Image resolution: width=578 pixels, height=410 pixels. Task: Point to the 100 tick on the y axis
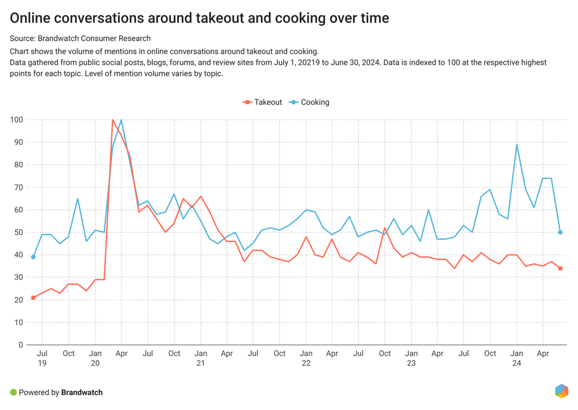click(16, 120)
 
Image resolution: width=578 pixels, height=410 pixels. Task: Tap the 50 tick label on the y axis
click(19, 232)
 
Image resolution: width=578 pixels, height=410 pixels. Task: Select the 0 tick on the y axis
click(21, 345)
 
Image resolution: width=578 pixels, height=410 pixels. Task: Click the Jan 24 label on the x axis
click(516, 359)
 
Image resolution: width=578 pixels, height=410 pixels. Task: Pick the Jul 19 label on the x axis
click(42, 359)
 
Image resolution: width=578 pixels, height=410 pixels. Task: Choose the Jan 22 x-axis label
click(306, 359)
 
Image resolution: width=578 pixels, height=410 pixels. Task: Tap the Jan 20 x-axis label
click(95, 359)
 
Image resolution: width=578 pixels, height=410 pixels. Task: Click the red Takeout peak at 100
click(113, 120)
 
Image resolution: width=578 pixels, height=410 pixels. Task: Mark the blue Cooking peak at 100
click(121, 120)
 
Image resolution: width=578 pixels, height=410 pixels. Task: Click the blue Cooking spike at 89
click(516, 145)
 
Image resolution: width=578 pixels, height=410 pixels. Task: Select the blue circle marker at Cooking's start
click(33, 257)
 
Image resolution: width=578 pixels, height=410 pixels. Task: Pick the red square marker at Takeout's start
click(33, 297)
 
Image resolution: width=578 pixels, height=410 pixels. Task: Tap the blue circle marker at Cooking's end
click(561, 232)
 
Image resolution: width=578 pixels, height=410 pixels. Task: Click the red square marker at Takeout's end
click(561, 269)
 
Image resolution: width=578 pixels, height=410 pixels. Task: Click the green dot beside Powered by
click(14, 392)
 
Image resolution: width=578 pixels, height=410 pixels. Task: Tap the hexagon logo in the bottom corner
click(561, 391)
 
